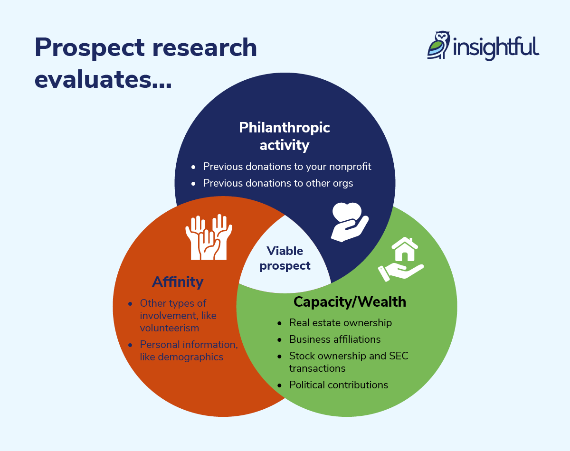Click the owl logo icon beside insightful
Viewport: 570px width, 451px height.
438,46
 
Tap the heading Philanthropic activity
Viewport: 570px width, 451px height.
285,136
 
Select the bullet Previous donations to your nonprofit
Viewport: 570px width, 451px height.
287,167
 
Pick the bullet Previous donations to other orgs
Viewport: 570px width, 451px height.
278,183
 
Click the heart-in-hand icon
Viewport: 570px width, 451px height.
349,221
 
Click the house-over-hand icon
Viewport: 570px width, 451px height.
401,259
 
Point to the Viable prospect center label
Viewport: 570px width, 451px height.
285,258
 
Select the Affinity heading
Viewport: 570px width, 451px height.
178,282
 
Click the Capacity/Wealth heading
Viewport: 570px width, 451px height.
350,302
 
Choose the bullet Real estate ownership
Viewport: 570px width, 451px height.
340,323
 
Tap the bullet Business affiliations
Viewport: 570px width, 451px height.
334,339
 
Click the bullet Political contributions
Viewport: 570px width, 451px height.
338,385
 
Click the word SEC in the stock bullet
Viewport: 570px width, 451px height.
398,356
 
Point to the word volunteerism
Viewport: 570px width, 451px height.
170,328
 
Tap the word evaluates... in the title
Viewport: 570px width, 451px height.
103,78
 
